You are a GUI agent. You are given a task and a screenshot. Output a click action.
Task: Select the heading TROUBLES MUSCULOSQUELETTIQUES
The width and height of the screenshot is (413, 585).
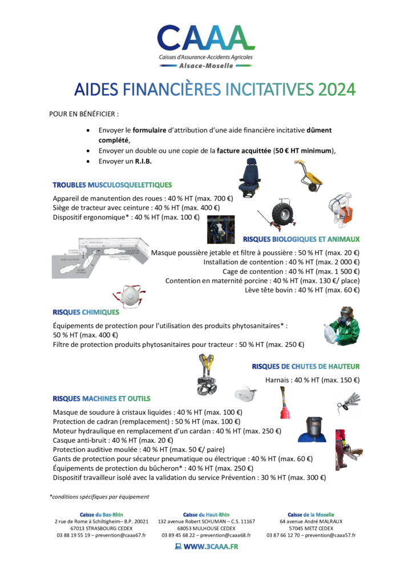pyautogui.click(x=112, y=185)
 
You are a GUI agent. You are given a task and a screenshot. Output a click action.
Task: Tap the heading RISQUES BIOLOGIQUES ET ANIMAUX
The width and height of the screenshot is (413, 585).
pyautogui.click(x=301, y=239)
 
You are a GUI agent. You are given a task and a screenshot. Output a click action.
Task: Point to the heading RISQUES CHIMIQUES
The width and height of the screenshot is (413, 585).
pyautogui.click(x=86, y=312)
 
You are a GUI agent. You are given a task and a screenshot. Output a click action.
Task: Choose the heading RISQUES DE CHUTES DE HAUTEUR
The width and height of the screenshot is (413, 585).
pyautogui.click(x=306, y=366)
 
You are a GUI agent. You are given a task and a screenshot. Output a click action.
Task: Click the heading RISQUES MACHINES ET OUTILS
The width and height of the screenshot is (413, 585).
pyautogui.click(x=102, y=398)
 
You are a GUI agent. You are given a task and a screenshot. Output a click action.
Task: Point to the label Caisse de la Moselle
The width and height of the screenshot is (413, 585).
pyautogui.click(x=311, y=515)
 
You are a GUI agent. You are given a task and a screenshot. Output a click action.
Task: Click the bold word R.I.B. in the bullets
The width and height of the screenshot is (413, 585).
pyautogui.click(x=140, y=162)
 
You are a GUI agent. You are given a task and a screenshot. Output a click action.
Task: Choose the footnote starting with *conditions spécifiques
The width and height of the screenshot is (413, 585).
pyautogui.click(x=99, y=496)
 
